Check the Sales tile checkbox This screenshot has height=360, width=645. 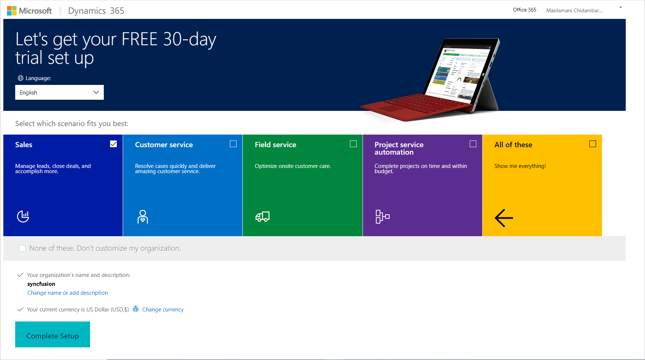pyautogui.click(x=113, y=144)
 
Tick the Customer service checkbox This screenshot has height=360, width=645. pyautogui.click(x=233, y=144)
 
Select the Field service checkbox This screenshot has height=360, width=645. pyautogui.click(x=353, y=144)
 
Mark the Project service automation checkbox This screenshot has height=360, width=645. pyautogui.click(x=473, y=144)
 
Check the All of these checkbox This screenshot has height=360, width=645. pyautogui.click(x=593, y=144)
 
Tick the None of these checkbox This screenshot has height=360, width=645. pyautogui.click(x=22, y=248)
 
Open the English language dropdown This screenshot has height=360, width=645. pyautogui.click(x=59, y=92)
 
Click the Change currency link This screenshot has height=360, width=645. pyautogui.click(x=163, y=310)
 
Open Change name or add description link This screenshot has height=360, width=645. pyautogui.click(x=67, y=293)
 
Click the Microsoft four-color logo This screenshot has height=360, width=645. pyautogui.click(x=12, y=11)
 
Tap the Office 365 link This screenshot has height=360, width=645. pyautogui.click(x=525, y=10)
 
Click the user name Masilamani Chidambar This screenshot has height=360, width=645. pyautogui.click(x=574, y=10)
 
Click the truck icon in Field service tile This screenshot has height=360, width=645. pyautogui.click(x=262, y=217)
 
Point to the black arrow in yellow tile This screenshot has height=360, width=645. pyautogui.click(x=504, y=218)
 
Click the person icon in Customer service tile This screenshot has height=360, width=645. pyautogui.click(x=143, y=217)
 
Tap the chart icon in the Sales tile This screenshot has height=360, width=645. pyautogui.click(x=23, y=216)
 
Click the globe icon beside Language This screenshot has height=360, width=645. pyautogui.click(x=20, y=78)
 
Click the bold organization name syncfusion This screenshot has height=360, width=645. pyautogui.click(x=41, y=284)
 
